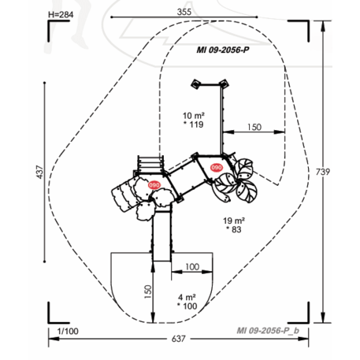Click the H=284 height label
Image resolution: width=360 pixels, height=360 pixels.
pos(61,15)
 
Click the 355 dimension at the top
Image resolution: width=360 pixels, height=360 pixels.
pos(184,12)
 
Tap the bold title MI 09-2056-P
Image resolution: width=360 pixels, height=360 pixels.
pos(223,50)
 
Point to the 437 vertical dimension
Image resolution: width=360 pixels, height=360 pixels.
pos(39,173)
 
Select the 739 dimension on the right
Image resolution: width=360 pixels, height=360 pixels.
pos(323,172)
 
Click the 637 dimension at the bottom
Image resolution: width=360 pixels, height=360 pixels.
pos(179,339)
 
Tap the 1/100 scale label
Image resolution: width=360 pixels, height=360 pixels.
pos(68,331)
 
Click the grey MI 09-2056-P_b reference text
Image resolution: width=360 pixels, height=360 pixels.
pos(268,330)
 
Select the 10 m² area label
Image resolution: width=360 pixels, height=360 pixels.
pos(194,116)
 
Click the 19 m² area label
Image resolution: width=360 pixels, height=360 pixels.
pos(234,221)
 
